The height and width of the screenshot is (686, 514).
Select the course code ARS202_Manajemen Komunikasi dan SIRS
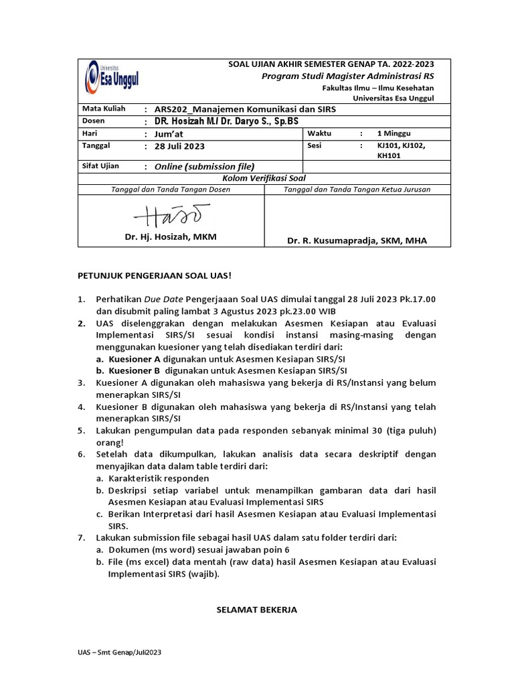coord(245,109)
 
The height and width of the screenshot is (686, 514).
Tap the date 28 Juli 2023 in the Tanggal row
coord(179,146)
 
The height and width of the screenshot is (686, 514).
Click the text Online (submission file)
coord(205,166)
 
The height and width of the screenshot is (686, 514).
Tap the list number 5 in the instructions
coord(80,431)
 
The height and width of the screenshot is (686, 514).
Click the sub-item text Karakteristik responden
coord(159,478)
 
